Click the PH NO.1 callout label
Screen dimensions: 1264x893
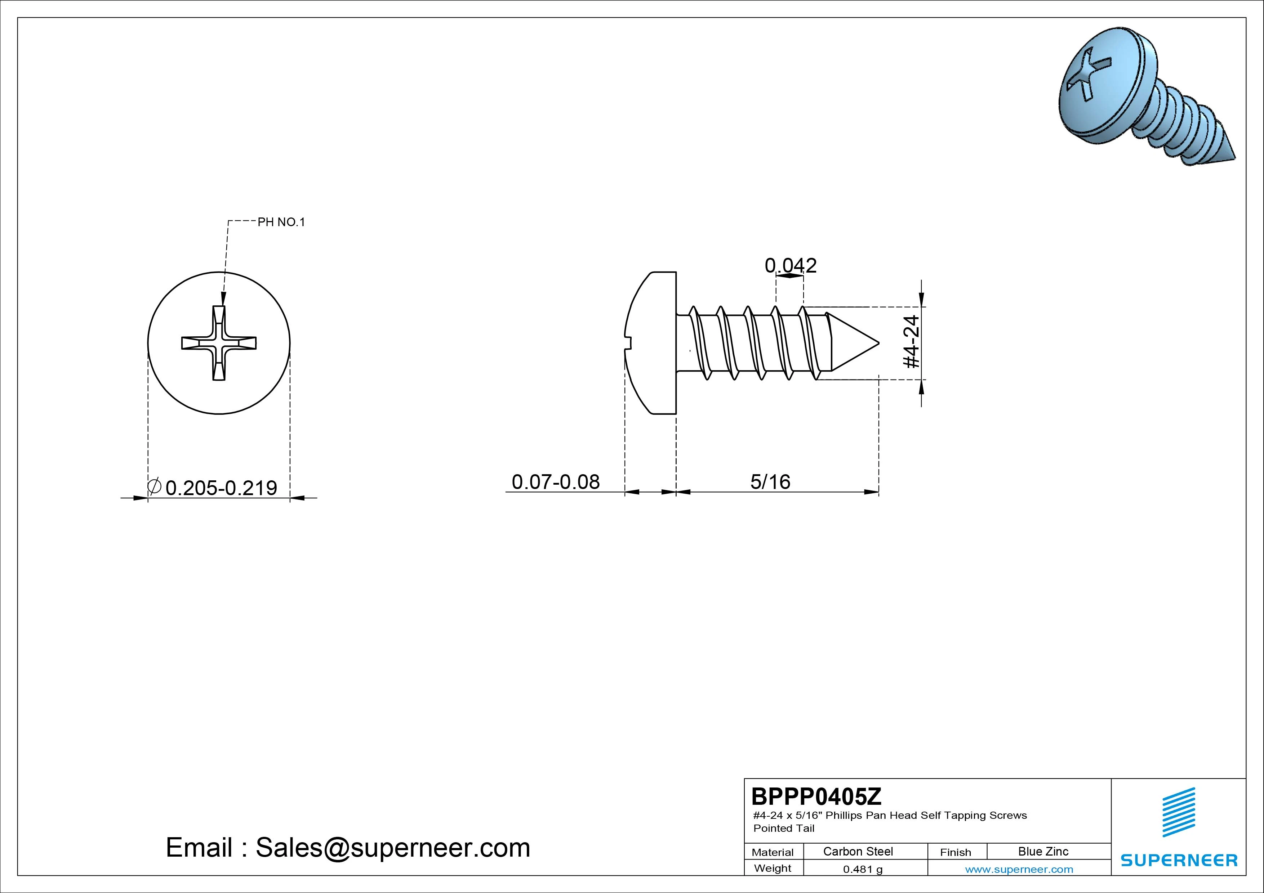(x=281, y=222)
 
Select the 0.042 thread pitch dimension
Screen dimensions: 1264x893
(x=791, y=266)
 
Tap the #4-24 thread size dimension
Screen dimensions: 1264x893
(x=912, y=342)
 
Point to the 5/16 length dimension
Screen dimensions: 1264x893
(x=770, y=482)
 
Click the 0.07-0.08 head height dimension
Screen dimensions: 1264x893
(x=556, y=482)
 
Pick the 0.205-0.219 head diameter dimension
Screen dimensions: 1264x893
(x=221, y=488)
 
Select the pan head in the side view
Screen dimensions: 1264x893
(x=651, y=342)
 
